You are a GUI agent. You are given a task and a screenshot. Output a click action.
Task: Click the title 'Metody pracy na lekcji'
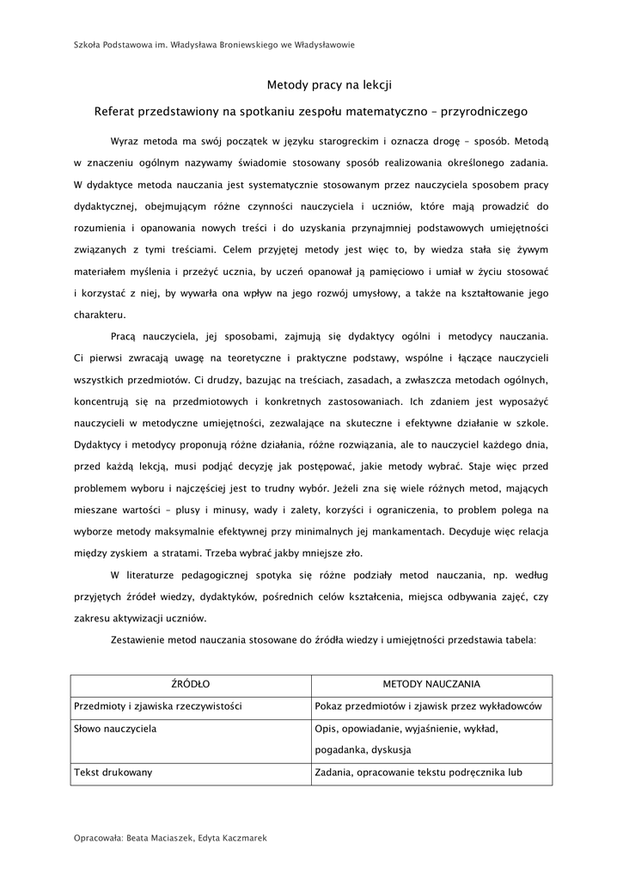[330, 84]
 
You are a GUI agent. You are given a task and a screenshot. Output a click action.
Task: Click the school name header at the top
[215, 45]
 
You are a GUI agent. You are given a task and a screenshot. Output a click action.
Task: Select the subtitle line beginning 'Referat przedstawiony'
[311, 111]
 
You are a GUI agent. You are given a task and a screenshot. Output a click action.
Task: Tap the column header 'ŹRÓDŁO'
[191, 684]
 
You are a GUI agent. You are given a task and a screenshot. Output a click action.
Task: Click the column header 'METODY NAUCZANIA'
[431, 684]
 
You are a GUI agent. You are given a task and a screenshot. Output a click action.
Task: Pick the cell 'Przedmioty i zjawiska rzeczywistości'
[158, 706]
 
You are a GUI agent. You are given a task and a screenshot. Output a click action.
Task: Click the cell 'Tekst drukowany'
[113, 772]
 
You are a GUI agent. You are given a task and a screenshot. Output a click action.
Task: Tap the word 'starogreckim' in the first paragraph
[329, 138]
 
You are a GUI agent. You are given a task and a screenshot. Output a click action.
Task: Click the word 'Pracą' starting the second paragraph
[125, 336]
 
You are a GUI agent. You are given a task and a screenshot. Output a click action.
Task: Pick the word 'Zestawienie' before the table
[140, 639]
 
